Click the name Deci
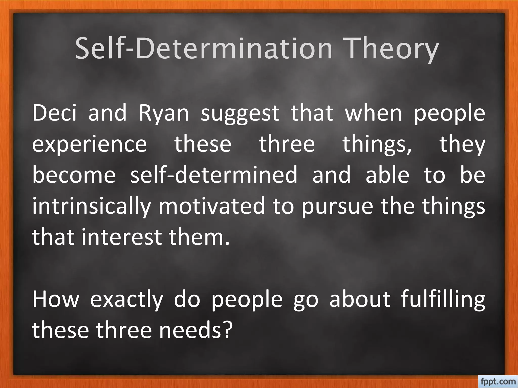point(54,113)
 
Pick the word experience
point(90,145)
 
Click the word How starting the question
point(56,299)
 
